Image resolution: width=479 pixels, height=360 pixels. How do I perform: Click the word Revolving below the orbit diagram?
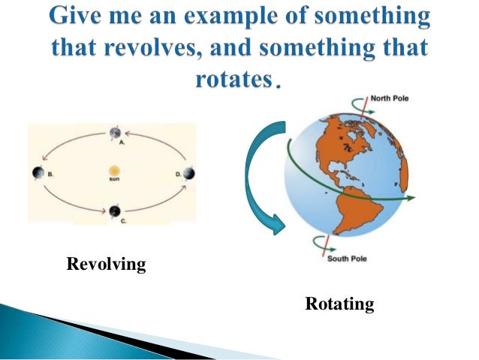coord(106,265)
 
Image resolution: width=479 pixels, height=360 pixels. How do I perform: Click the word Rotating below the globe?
coord(339,304)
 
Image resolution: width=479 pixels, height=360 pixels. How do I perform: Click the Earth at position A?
coord(115,134)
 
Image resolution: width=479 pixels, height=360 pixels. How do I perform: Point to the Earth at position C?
coord(114,211)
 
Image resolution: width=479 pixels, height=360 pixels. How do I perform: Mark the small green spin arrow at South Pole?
coord(343,241)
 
